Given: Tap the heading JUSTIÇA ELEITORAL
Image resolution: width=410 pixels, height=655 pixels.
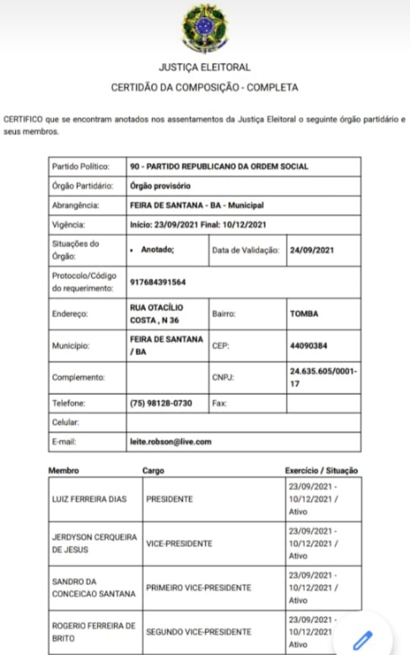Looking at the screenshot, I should [x=204, y=67].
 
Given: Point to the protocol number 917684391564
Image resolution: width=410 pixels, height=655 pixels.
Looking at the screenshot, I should [x=158, y=282].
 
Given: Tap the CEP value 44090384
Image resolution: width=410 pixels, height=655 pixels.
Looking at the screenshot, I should [x=309, y=345].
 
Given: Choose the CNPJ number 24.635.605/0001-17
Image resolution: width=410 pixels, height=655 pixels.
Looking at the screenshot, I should [x=323, y=377].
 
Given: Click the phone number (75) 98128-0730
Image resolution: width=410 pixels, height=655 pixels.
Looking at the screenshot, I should [x=161, y=403].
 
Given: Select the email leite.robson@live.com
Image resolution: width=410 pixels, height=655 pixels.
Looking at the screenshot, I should [x=170, y=441].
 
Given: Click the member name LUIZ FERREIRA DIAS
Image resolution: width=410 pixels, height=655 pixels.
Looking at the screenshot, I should [x=89, y=499].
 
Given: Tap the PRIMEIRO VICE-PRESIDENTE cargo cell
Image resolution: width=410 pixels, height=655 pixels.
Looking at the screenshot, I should [x=198, y=588].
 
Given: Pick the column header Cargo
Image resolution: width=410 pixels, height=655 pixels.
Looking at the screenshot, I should [x=153, y=471].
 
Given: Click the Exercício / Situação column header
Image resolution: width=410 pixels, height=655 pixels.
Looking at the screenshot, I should [x=321, y=471].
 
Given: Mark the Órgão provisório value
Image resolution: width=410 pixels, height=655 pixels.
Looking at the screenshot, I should [x=160, y=186].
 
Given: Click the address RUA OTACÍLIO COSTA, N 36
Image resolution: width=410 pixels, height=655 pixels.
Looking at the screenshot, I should [x=157, y=314].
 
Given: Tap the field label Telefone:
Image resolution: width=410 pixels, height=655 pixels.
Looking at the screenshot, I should [x=68, y=403].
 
